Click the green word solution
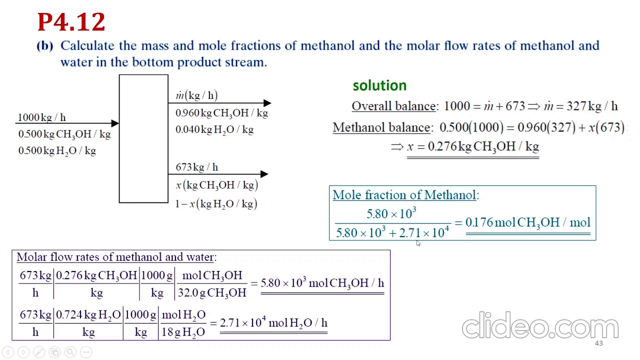379,85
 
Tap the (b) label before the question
45,45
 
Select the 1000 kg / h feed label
41,117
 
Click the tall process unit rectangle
143,139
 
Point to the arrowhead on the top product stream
267,103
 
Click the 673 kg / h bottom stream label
196,167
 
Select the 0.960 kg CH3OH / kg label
221,113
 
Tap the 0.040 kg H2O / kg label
214,129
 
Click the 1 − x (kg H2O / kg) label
216,203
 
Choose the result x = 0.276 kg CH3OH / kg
473,146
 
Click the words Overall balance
393,106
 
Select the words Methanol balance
381,127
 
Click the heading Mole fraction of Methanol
405,195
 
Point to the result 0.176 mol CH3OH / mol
527,222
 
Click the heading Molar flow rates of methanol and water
116,257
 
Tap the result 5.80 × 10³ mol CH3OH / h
322,283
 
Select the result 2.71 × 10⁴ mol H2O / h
273,323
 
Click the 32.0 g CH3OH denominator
212,292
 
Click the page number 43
598,343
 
